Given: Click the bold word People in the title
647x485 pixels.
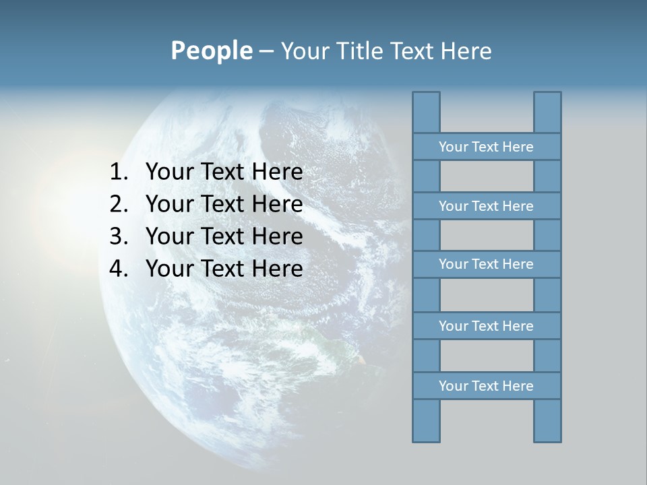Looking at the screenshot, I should tap(211, 51).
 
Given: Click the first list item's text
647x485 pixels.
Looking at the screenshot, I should tap(224, 172).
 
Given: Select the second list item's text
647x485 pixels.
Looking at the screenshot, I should tap(224, 204).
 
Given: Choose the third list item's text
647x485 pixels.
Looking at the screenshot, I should tap(224, 236).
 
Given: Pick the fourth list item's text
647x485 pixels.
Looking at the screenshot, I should tap(224, 269).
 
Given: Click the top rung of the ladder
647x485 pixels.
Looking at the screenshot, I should tap(486, 147).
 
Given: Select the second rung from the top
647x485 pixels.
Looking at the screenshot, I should tap(486, 206).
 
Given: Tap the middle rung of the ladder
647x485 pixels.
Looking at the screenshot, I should tap(486, 265).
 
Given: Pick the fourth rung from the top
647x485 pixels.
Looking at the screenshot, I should tap(486, 326).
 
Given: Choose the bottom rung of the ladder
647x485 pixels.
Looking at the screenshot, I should tap(486, 386).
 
